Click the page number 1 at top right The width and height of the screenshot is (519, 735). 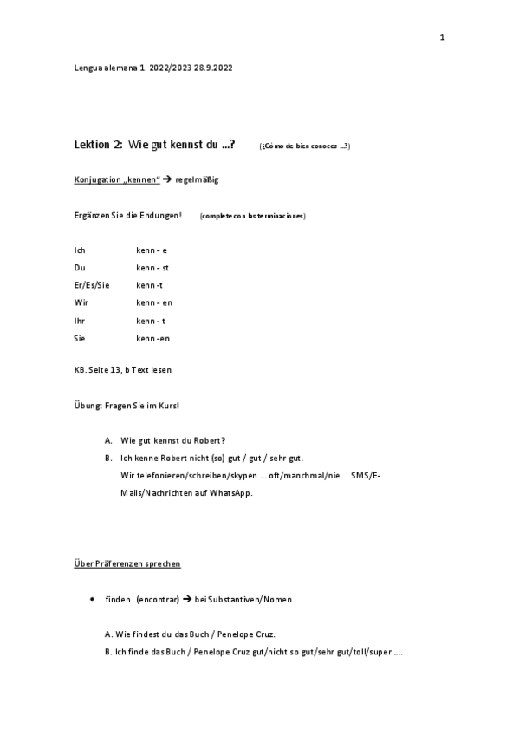[x=442, y=37]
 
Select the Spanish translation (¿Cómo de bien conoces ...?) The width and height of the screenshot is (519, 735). [x=304, y=146]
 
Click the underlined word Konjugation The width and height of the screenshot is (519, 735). [x=95, y=179]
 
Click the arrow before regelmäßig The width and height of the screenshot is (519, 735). [x=167, y=179]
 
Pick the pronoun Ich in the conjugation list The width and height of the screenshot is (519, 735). [x=80, y=250]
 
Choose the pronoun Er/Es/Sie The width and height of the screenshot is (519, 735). [x=92, y=285]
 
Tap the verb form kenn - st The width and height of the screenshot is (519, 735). [x=152, y=268]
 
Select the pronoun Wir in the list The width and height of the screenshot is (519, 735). [x=81, y=302]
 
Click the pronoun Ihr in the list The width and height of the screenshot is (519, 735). [x=80, y=321]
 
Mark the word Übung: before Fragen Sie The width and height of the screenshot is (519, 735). [x=88, y=406]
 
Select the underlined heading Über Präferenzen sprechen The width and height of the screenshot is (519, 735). [x=127, y=563]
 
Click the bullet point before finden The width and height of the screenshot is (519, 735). [x=91, y=600]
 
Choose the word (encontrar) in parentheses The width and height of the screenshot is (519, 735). [x=157, y=600]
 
